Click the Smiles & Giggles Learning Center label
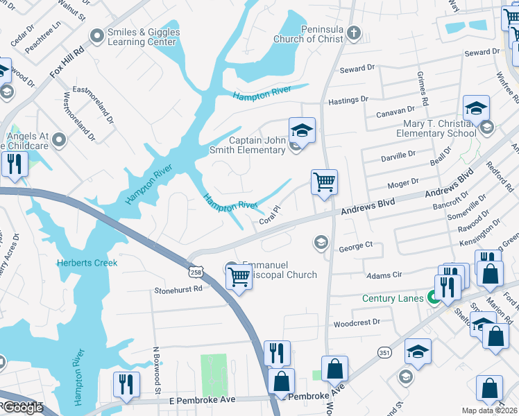(x=144, y=37)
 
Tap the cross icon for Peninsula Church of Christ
(x=354, y=33)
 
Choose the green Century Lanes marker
(x=434, y=299)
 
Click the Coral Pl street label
(x=269, y=216)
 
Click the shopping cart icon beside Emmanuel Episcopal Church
(x=239, y=277)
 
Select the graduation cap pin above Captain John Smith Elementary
(x=302, y=130)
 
